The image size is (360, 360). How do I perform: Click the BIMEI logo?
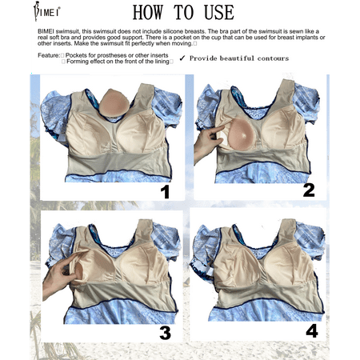46,11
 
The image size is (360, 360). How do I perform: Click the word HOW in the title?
148,13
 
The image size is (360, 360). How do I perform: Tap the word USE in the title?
219,13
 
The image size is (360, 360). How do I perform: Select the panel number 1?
166,192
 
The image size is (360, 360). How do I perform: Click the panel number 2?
309,190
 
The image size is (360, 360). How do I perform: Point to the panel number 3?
166,333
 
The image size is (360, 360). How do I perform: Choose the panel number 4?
312,331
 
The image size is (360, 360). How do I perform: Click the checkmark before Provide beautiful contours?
182,58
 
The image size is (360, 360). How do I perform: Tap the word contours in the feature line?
273,58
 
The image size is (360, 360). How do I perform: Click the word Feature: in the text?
49,55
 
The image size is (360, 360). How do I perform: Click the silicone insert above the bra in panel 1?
114,103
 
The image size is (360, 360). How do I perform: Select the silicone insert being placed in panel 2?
242,134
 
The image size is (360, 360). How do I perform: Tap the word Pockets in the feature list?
77,55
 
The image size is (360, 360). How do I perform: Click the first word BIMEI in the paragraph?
46,31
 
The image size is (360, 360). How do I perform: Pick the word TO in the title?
183,13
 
